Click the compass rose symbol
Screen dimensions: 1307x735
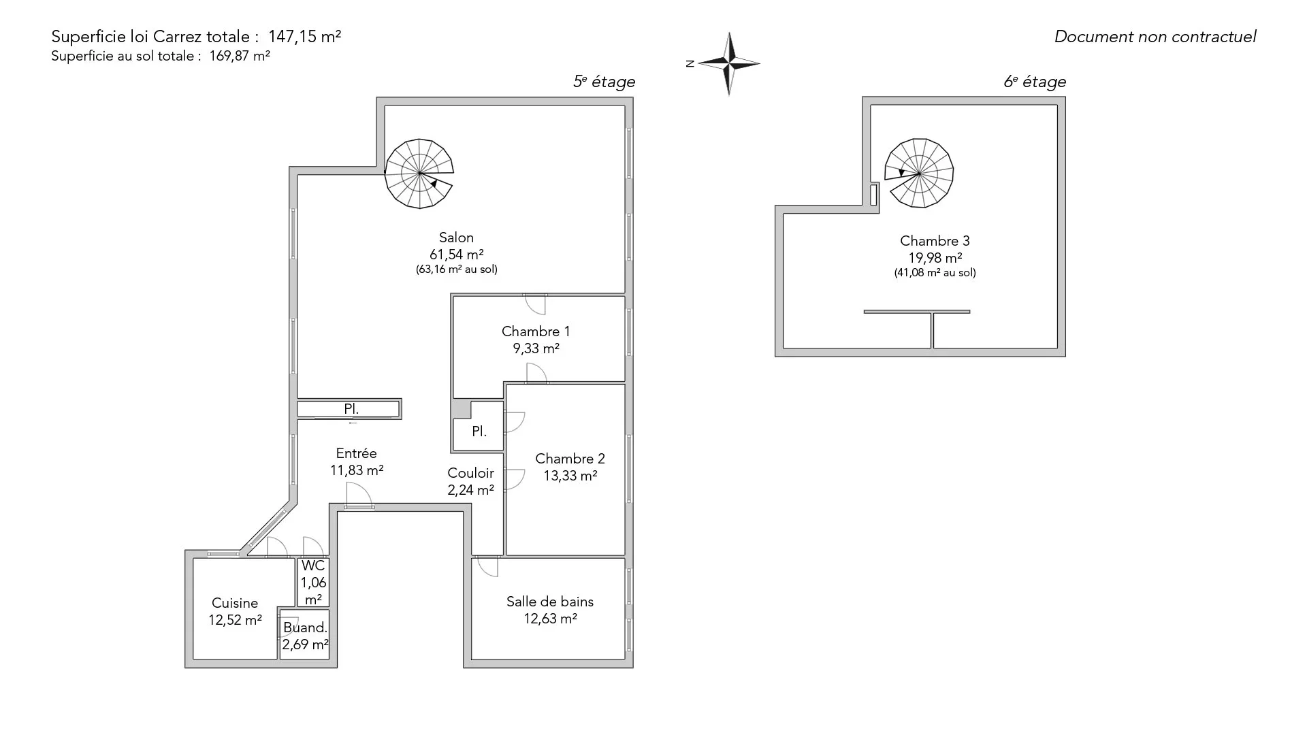click(729, 64)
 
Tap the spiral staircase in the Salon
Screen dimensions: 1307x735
click(419, 174)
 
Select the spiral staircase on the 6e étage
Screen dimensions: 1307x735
click(919, 173)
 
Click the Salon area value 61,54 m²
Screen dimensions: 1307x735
click(456, 255)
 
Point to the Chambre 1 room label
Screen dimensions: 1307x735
click(536, 331)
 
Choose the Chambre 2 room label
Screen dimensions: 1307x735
click(570, 459)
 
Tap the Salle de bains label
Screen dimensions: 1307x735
click(550, 602)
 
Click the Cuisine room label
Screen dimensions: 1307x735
click(235, 603)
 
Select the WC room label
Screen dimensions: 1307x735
click(313, 566)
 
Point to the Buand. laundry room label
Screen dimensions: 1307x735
click(305, 627)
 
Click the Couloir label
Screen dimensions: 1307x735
click(470, 473)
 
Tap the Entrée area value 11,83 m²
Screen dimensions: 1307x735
click(357, 470)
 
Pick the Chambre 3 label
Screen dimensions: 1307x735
click(935, 241)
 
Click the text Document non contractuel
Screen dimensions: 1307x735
click(1155, 37)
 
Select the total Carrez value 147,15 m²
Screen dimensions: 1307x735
click(304, 36)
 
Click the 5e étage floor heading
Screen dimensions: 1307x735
click(604, 82)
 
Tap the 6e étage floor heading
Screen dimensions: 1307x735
click(1035, 82)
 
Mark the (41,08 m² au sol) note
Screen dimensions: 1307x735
click(935, 273)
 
